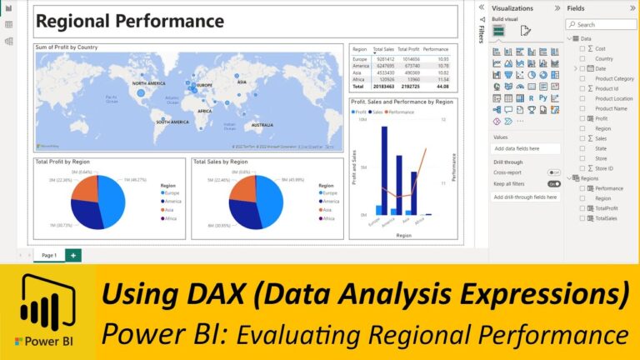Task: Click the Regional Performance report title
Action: pos(130,22)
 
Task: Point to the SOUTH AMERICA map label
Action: pos(173,122)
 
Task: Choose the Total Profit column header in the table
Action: pos(408,49)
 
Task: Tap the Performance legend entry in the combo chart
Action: pos(401,112)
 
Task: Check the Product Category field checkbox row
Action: pos(612,78)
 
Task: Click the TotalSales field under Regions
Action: pos(607,218)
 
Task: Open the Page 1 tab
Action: pos(49,255)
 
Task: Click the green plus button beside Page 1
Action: pos(73,255)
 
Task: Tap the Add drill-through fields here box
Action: pos(525,197)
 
